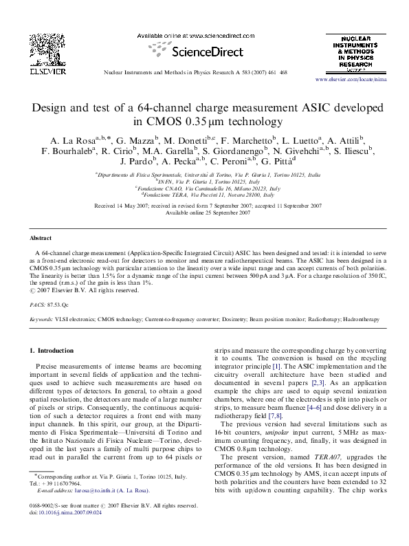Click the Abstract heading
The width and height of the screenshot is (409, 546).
tap(40, 237)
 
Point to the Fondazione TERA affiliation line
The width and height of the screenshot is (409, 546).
tap(204, 195)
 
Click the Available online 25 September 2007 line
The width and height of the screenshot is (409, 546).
tap(204, 212)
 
